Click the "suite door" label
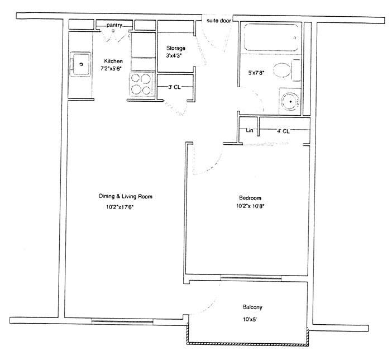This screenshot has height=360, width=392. point(219,21)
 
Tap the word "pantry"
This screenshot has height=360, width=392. point(114,25)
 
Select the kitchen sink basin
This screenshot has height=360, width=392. point(80,64)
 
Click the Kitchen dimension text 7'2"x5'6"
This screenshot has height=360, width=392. point(111,68)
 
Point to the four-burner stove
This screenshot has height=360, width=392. point(141,84)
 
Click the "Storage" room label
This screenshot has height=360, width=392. point(176,48)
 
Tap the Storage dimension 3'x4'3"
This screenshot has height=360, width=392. point(174,55)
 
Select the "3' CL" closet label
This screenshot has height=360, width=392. point(174,87)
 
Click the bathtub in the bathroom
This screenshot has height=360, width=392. point(271,37)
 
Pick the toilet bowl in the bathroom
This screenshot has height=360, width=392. point(283,70)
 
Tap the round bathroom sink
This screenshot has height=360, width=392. point(290,101)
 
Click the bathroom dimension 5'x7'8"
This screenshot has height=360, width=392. point(256,73)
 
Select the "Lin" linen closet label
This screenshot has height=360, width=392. point(250,130)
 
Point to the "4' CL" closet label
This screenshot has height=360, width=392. point(283,131)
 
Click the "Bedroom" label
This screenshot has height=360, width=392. point(250,198)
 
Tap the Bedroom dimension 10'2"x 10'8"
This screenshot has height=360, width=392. point(250,206)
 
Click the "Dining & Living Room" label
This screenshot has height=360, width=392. point(126,196)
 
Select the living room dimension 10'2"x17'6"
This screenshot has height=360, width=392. point(118,207)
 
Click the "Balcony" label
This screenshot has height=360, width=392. point(252,307)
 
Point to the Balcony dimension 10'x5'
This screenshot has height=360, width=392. point(250,319)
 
